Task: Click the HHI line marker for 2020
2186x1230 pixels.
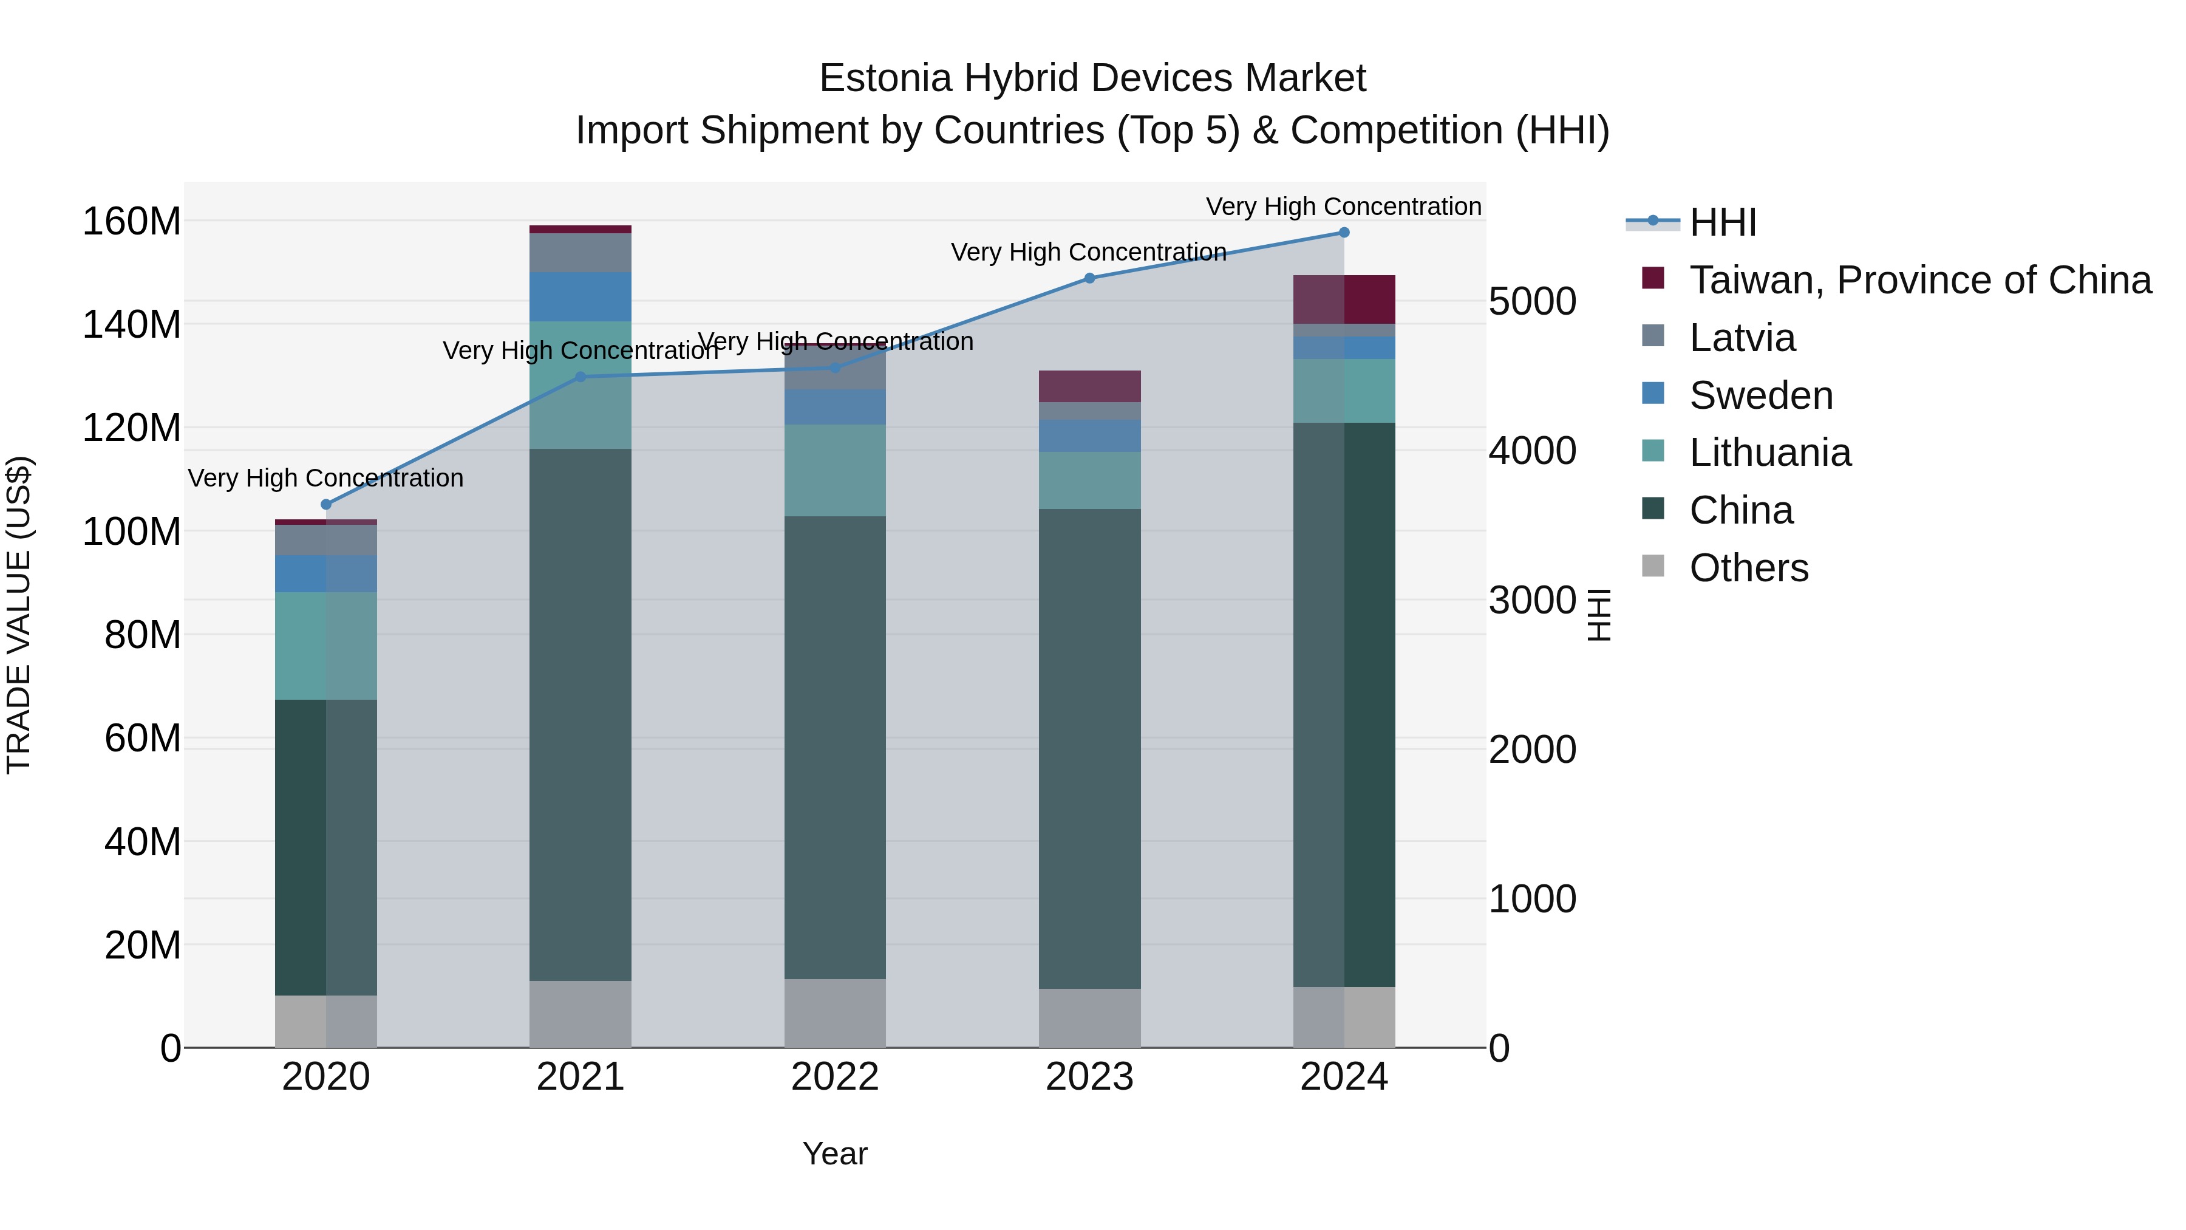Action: (x=326, y=504)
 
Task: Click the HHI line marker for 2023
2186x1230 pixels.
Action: (x=1089, y=278)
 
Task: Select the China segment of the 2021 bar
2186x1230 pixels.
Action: (x=581, y=715)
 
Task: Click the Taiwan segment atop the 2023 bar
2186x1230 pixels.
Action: (x=1089, y=386)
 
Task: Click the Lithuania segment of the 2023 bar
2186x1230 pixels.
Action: (x=1089, y=480)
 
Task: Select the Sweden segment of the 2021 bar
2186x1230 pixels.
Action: (x=581, y=296)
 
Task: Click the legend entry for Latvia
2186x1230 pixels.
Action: (x=1742, y=338)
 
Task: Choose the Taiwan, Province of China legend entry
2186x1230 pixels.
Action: (x=1919, y=280)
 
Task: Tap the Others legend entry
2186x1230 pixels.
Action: (x=1748, y=568)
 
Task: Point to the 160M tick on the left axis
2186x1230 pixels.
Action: (x=132, y=222)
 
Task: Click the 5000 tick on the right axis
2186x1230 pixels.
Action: (x=1533, y=301)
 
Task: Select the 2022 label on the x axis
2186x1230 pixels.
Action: (x=835, y=1077)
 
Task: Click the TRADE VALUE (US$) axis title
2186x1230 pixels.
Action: (x=19, y=615)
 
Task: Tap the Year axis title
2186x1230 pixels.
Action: (x=835, y=1153)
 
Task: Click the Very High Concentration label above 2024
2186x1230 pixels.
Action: (x=1343, y=207)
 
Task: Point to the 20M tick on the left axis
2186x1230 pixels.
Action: (x=143, y=945)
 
